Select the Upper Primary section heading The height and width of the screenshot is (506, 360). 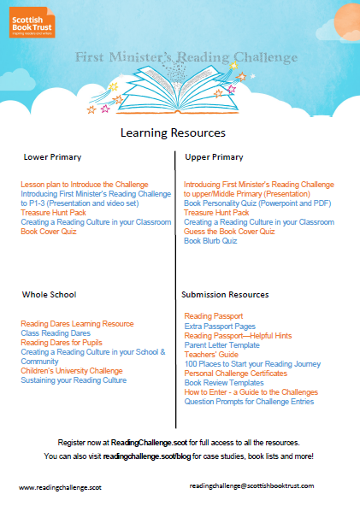coord(214,157)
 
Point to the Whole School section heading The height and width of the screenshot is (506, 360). coord(50,294)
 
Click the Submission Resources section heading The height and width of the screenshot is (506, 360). coord(226,294)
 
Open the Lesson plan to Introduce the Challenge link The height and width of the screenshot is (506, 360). coord(85,185)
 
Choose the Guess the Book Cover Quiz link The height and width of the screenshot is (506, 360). coord(229,232)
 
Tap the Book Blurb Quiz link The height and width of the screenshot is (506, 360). coord(211,241)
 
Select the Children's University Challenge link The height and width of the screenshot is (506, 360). coord(72,371)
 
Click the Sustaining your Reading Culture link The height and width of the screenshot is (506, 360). coord(74,380)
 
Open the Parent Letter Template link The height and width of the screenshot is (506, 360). coord(221,344)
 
